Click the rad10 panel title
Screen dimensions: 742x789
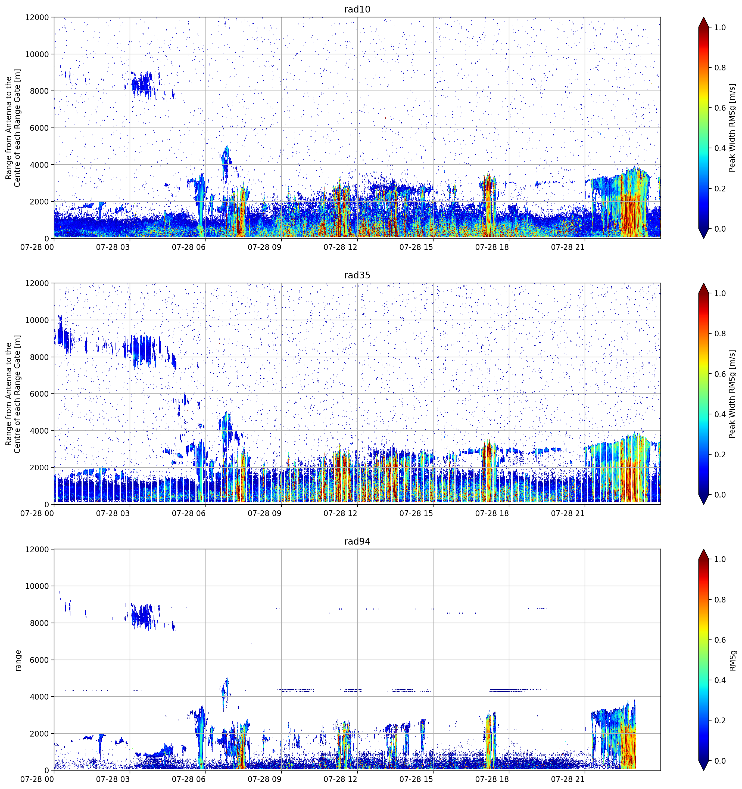(357, 9)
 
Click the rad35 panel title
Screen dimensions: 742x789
(357, 275)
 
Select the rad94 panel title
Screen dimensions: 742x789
(357, 541)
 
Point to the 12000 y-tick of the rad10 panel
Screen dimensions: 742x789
(37, 17)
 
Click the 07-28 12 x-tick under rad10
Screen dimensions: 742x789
(341, 247)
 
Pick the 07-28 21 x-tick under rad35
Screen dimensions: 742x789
(568, 513)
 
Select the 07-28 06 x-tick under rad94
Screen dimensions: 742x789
(189, 779)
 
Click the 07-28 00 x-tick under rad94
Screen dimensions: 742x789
(37, 779)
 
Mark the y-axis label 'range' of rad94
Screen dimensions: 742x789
(18, 660)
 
